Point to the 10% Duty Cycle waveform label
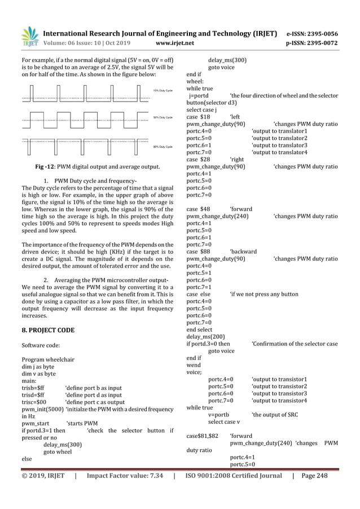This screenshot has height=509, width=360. click(163, 90)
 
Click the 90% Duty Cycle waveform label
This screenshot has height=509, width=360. click(163, 146)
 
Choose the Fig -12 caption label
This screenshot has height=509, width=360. click(45, 166)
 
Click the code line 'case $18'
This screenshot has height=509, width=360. click(198, 117)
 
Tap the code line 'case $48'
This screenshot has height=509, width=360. click(198, 209)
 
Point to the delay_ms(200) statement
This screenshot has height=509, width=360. click(205, 336)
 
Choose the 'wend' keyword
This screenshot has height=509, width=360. click(193, 365)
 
